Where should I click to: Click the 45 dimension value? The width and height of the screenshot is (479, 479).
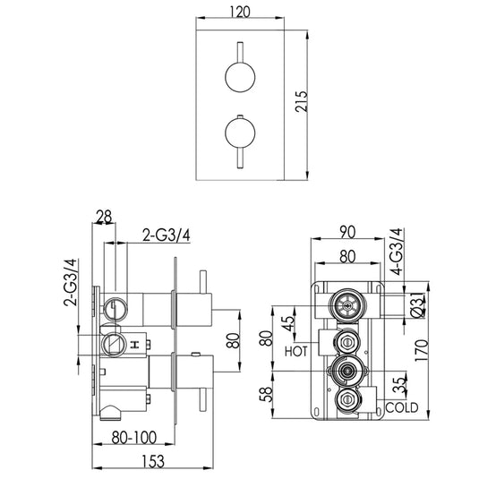[x=288, y=323]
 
